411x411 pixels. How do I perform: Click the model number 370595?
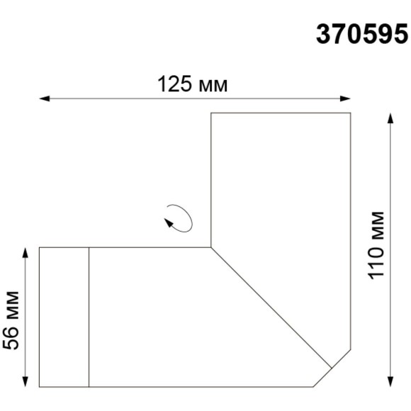click(x=361, y=34)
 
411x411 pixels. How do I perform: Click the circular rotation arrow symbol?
click(x=177, y=217)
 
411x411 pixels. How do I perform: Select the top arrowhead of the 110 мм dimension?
click(x=390, y=118)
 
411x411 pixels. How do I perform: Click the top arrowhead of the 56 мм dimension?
click(x=26, y=252)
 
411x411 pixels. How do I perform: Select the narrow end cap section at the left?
click(x=64, y=317)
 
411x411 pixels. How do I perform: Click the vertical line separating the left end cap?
click(x=89, y=317)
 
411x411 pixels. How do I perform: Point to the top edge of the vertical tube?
click(x=281, y=113)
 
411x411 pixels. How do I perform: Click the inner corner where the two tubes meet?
click(x=212, y=247)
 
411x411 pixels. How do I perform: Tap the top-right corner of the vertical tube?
click(x=351, y=113)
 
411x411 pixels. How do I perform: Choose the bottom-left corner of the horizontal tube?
click(x=39, y=387)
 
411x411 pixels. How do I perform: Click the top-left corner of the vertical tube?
click(x=212, y=113)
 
